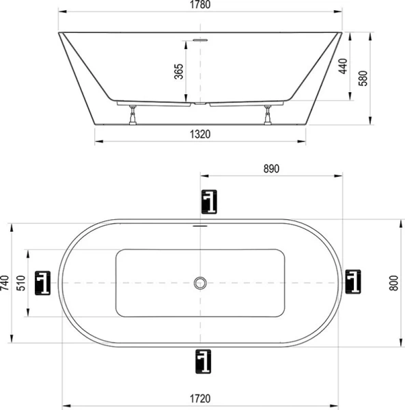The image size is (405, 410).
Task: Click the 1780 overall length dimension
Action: point(200,5)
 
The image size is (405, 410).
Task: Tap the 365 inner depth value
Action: point(179,72)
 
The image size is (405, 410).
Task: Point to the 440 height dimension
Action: point(343,66)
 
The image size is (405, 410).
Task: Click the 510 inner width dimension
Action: point(20,282)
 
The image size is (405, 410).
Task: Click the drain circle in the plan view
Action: point(200,282)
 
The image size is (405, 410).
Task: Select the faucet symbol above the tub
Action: point(209,202)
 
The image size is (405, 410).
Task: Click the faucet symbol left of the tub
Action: point(44,282)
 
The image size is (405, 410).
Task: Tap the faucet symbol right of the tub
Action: point(353,282)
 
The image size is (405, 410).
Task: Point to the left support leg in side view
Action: point(132,115)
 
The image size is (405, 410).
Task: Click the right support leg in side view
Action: point(267,115)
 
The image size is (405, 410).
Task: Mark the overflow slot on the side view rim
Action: point(200,40)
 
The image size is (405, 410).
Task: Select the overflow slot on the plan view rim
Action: point(200,225)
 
